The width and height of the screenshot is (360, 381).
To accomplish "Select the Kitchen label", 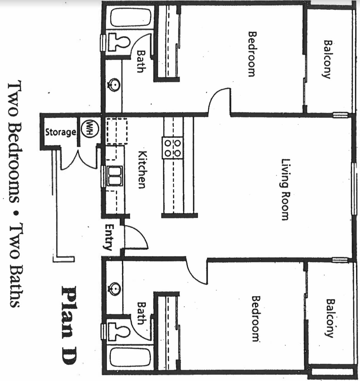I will coord(143,169).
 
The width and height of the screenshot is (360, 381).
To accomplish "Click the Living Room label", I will coord(285,189).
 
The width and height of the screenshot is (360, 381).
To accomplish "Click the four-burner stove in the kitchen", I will coord(173,148).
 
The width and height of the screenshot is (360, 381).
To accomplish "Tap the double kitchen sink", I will coord(114,176).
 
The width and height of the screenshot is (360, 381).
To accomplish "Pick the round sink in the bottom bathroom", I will coord(114,289).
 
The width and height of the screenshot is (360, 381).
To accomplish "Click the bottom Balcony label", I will coord(329,318).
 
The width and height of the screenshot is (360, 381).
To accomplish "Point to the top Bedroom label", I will coord(252,54).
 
